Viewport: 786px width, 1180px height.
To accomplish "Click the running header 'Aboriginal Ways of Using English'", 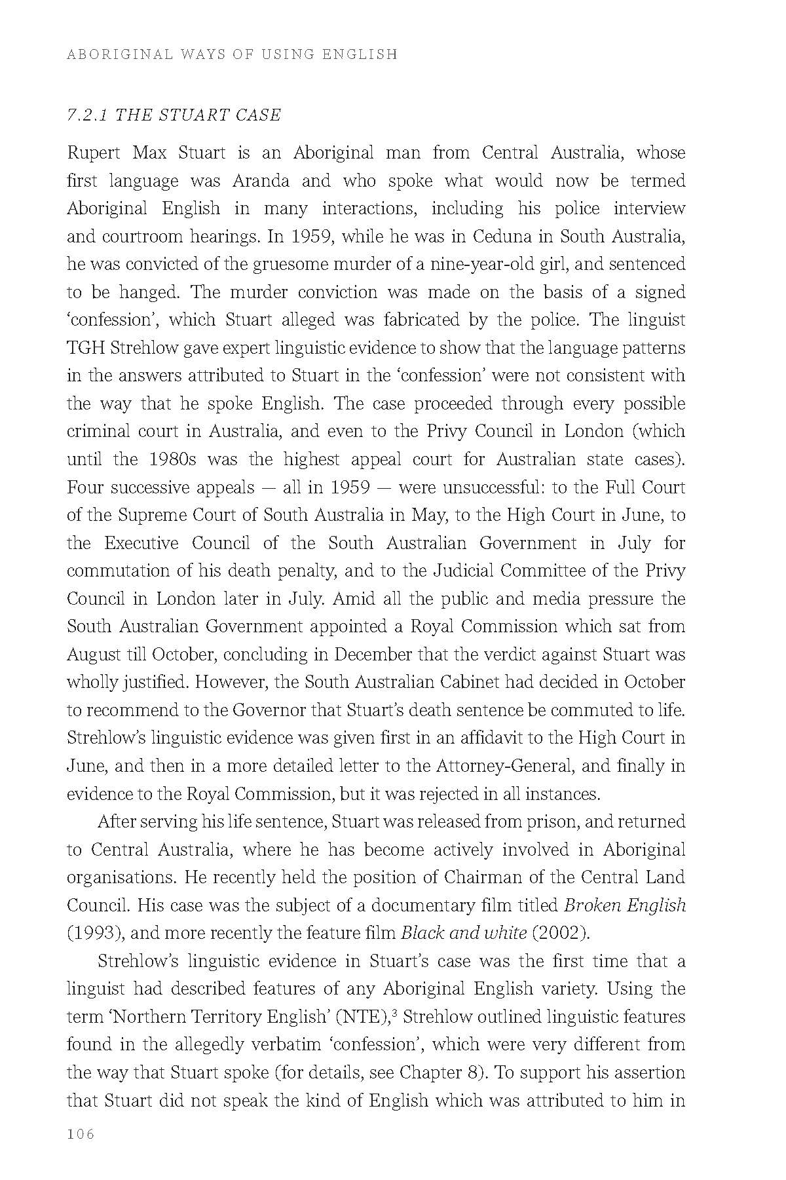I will point(232,54).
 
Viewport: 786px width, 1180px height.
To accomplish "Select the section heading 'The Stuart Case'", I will point(174,115).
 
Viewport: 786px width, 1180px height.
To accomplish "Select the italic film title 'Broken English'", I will point(624,905).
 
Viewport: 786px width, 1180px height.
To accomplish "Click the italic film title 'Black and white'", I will point(463,933).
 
